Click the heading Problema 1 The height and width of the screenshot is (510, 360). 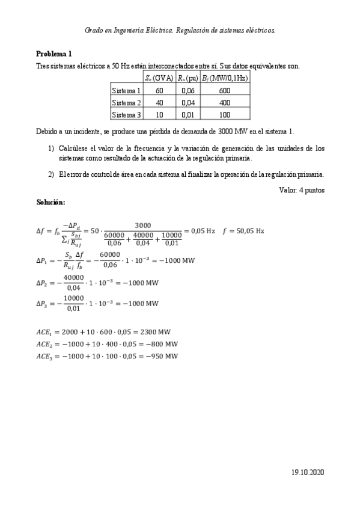pyautogui.click(x=54, y=53)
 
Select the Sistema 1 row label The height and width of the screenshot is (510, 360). pyautogui.click(x=126, y=90)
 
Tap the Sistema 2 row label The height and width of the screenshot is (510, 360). pyautogui.click(x=126, y=103)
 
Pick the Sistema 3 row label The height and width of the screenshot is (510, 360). pyautogui.click(x=126, y=115)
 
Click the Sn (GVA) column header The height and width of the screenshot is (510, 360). pyautogui.click(x=159, y=78)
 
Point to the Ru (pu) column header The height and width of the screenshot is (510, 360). pyautogui.click(x=188, y=78)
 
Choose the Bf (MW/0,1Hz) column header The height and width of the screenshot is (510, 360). pyautogui.click(x=225, y=78)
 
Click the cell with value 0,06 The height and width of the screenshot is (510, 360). pyautogui.click(x=188, y=90)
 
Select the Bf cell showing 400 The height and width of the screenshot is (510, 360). pyautogui.click(x=225, y=103)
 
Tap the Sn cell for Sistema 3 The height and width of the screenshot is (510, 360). pyautogui.click(x=159, y=115)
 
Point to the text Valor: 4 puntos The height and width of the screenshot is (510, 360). pyautogui.click(x=302, y=190)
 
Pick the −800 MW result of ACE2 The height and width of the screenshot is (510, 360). pyautogui.click(x=163, y=344)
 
